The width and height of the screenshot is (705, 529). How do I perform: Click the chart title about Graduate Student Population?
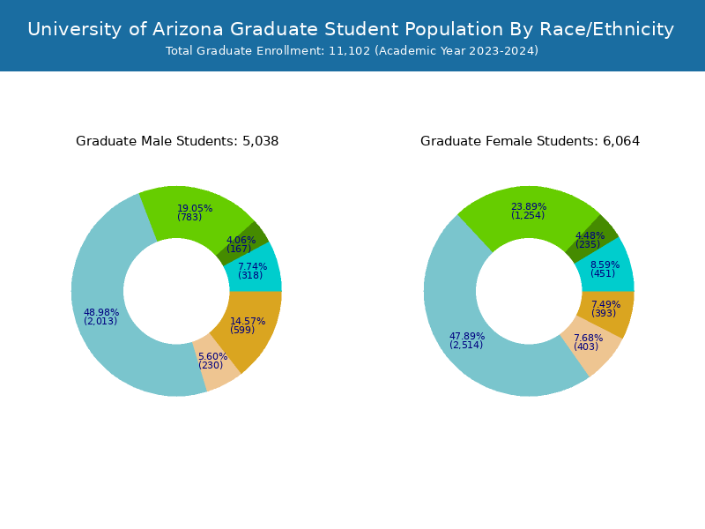(x=351, y=29)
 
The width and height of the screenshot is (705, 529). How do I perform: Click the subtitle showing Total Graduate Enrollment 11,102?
(x=352, y=51)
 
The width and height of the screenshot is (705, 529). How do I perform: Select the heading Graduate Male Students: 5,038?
(x=177, y=141)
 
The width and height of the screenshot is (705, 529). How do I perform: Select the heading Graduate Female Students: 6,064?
(x=530, y=141)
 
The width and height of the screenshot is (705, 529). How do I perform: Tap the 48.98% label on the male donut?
(x=100, y=317)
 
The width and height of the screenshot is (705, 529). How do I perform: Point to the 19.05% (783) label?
(x=194, y=212)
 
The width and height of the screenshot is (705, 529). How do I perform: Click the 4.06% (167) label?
(x=241, y=244)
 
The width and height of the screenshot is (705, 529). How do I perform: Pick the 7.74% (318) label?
(x=251, y=271)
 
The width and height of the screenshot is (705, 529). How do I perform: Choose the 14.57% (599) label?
(x=247, y=325)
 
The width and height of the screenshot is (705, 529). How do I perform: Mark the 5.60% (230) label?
(x=211, y=361)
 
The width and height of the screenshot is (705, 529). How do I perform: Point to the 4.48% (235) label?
(x=590, y=240)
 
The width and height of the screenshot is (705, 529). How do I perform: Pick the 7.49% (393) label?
(x=605, y=309)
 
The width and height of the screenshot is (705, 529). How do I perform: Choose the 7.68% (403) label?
(x=587, y=342)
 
